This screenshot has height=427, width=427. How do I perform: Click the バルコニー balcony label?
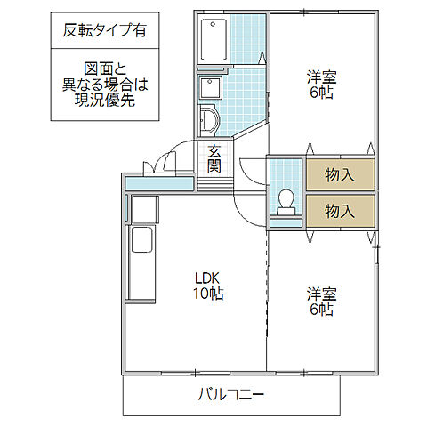click(230, 393)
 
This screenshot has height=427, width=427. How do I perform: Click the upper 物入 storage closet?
click(339, 174)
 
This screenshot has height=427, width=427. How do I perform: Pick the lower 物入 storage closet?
click(339, 211)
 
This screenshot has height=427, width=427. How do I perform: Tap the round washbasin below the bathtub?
click(210, 119)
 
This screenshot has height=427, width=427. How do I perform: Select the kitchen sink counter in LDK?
click(141, 254)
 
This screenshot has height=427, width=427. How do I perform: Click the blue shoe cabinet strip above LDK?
click(159, 184)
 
